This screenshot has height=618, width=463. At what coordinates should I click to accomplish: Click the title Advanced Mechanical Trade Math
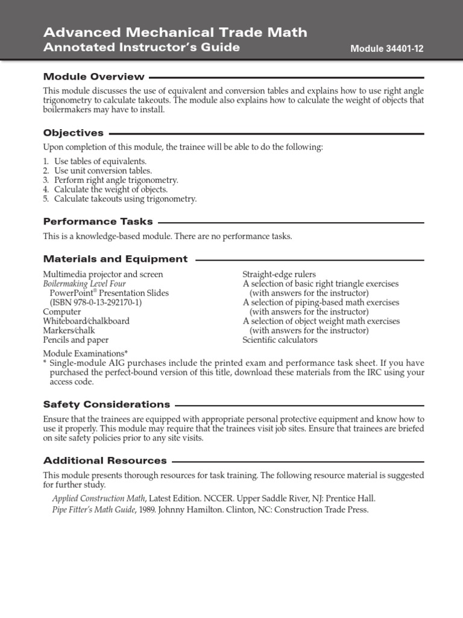[x=175, y=32]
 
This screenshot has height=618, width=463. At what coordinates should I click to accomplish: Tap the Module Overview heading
[x=93, y=77]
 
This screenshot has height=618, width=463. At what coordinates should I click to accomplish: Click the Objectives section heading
[x=73, y=133]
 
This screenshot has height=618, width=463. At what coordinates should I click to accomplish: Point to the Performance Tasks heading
[x=98, y=221]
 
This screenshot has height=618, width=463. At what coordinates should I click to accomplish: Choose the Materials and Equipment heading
[x=115, y=259]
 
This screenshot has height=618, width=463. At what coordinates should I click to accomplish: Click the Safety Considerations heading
[x=106, y=404]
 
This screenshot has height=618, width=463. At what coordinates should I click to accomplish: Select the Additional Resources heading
[x=105, y=460]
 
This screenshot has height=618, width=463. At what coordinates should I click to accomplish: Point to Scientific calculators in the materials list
[x=280, y=340]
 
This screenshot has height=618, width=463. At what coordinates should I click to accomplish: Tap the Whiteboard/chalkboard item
[x=86, y=321]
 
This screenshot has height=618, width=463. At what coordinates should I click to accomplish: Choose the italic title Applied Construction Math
[x=98, y=499]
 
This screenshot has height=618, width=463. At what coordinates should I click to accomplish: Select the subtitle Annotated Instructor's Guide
[x=141, y=48]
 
